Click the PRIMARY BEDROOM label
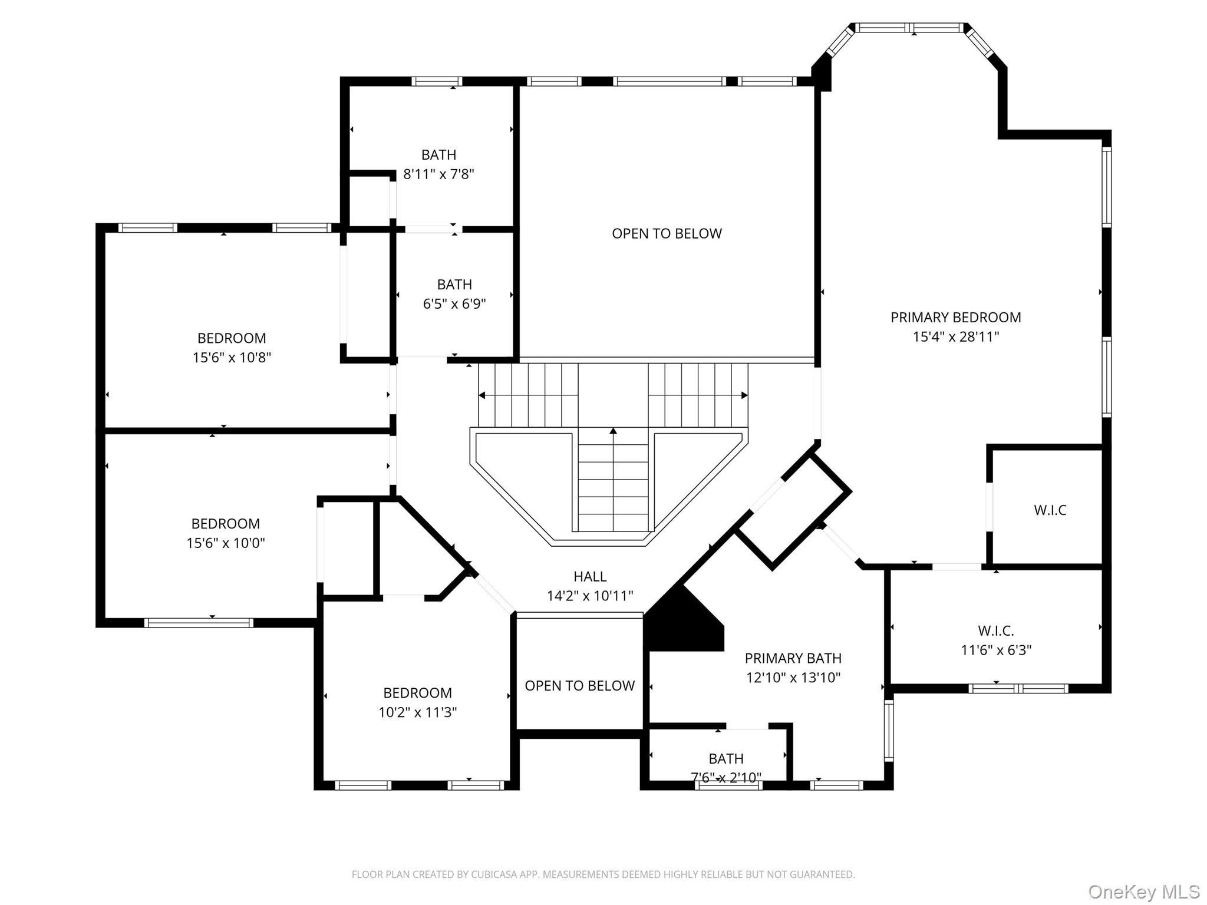tap(955, 318)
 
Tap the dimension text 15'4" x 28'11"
tap(956, 337)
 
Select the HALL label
tap(590, 577)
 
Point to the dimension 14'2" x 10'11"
tap(590, 596)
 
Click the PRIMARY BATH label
tap(793, 658)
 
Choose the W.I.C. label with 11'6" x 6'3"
tap(996, 631)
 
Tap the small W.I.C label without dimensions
tap(1050, 510)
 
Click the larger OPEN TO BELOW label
tap(667, 234)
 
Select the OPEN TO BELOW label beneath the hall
tap(580, 686)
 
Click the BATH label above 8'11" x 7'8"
tap(438, 155)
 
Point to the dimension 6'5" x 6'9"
tap(454, 304)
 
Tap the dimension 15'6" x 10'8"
tap(232, 358)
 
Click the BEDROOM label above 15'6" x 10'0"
tap(226, 524)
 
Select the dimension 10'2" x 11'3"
tap(418, 712)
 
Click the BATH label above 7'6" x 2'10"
tap(726, 758)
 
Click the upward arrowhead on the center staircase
tap(613, 431)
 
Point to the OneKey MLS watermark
tap(1144, 891)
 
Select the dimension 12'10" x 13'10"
tap(793, 678)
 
